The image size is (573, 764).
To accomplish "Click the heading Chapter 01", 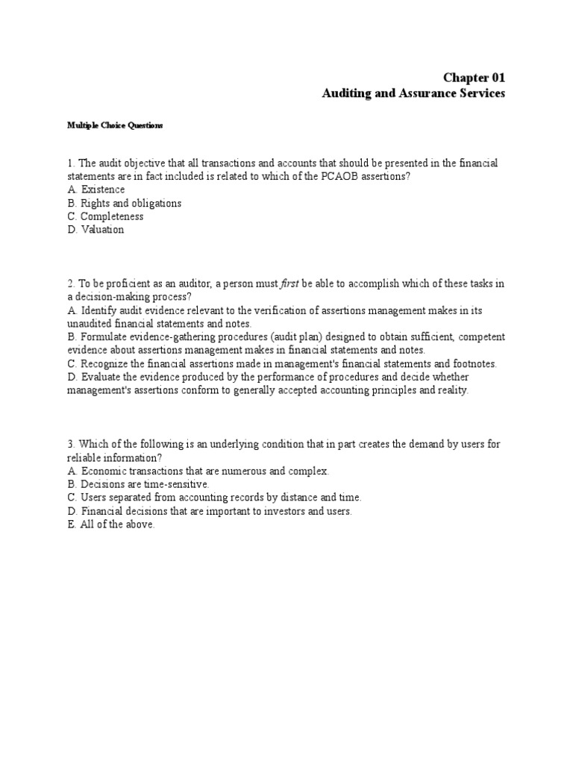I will (474, 78).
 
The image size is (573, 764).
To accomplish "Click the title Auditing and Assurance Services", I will (413, 94).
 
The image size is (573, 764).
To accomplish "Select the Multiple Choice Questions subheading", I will (114, 126).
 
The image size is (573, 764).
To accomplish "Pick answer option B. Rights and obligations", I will (124, 203).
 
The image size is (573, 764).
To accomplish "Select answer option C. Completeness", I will (105, 216).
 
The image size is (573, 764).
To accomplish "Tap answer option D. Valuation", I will (95, 230).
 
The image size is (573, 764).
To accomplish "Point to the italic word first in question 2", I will (289, 284).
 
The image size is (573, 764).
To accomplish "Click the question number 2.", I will (69, 284).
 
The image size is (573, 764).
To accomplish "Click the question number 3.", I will (69, 444).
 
